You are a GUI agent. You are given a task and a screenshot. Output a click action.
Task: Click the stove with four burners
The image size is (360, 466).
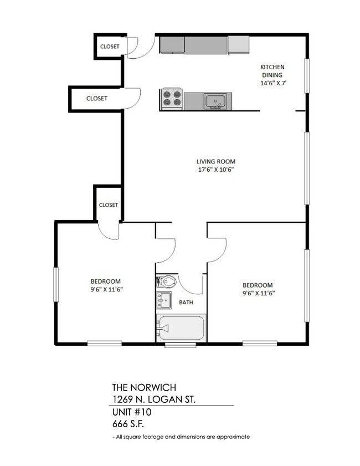coord(172,100)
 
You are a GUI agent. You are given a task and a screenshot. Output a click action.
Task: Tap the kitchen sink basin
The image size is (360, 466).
coord(214,101)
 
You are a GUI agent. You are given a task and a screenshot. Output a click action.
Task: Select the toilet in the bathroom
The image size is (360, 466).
coord(168,281)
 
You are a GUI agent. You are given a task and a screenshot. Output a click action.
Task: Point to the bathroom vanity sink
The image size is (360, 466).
coord(163,301)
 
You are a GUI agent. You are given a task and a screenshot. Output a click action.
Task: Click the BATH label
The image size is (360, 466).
coord(186,303)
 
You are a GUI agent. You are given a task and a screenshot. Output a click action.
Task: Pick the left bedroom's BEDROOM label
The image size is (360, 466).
coord(105,281)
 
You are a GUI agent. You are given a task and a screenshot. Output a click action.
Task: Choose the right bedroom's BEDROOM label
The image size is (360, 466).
coord(258,285)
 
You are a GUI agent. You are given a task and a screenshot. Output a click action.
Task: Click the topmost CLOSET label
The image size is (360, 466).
coord(109,47)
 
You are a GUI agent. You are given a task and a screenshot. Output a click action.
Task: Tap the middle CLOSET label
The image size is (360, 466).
coord(96,98)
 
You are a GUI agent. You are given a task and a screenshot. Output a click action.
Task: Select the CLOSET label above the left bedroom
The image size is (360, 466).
coord(109,204)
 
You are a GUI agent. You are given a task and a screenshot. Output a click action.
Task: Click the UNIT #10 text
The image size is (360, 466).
coord(131,412)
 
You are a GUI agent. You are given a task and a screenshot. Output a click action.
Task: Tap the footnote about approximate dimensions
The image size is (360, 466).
coord(181,437)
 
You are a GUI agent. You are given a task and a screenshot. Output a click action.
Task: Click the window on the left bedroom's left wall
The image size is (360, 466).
coord(56,285)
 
